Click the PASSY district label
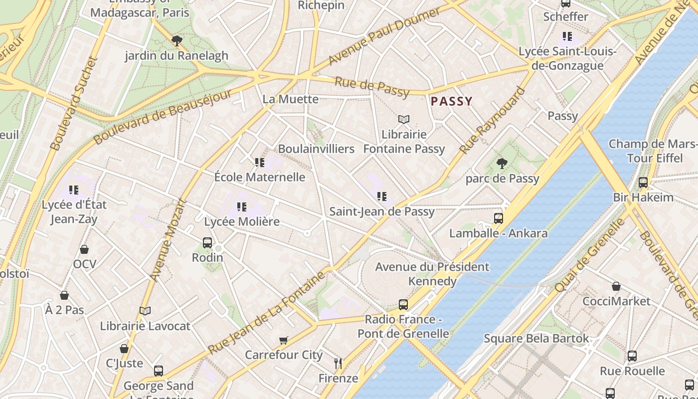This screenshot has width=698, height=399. click(x=451, y=101)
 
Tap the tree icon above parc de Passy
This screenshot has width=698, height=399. click(x=502, y=163)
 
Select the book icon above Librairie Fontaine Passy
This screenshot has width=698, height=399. click(x=404, y=119)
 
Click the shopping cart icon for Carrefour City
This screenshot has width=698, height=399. click(x=284, y=340)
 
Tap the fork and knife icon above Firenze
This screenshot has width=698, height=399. click(x=338, y=363)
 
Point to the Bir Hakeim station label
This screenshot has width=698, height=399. click(x=643, y=197)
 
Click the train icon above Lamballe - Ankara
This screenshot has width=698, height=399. click(x=498, y=218)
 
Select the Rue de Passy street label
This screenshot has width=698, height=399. click(x=372, y=87)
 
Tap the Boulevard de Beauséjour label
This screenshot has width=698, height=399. click(x=163, y=117)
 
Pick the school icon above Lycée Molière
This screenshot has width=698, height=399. click(x=242, y=206)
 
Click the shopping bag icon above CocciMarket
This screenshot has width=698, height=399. click(x=616, y=286)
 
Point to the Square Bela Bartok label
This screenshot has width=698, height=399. click(x=536, y=339)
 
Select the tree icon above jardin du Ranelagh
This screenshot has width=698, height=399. click(x=176, y=40)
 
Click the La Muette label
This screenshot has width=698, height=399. click(x=290, y=99)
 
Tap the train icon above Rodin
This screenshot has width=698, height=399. click(x=207, y=243)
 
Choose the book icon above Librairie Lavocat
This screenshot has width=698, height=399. click(x=145, y=311)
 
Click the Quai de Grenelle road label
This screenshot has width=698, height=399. click(x=590, y=255)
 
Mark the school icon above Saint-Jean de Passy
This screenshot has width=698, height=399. click(x=382, y=197)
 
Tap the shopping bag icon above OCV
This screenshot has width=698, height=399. click(x=84, y=249)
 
